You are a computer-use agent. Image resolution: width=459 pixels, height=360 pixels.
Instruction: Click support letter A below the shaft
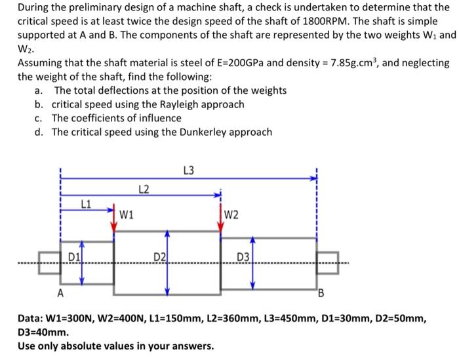click(x=61, y=293)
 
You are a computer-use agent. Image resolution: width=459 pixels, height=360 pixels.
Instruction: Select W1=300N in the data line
click(x=82, y=319)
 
